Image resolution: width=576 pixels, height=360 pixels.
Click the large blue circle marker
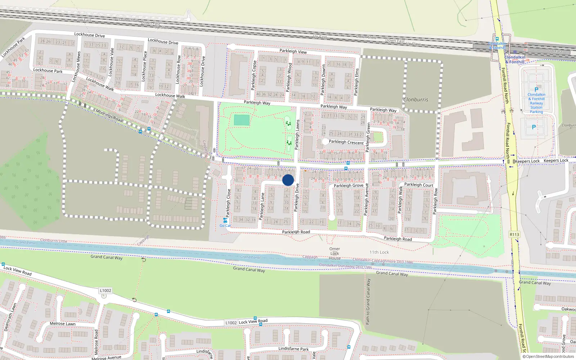coord(288,180)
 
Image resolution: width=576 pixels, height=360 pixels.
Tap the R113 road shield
coord(514,234)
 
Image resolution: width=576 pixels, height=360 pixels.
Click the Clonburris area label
coord(416,99)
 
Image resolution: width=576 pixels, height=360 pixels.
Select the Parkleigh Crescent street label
coord(346,142)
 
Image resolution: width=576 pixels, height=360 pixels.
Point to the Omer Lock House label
coord(334,253)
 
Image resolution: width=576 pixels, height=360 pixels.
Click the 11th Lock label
coord(379,252)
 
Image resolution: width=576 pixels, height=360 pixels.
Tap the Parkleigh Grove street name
coord(348,186)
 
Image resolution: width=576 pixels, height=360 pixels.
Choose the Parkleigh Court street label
coord(418,185)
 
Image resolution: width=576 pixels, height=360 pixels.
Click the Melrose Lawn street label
coord(63,324)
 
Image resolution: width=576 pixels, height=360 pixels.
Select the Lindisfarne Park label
coord(293,349)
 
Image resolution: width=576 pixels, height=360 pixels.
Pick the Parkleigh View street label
coord(293,51)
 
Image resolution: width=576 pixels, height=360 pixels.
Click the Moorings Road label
coord(109,116)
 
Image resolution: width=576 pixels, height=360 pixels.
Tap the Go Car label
coord(225,226)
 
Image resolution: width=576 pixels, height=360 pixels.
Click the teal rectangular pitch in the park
coord(242,120)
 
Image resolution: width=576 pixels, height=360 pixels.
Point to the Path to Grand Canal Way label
coord(368,302)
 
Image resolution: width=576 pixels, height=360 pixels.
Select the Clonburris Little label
coord(54,240)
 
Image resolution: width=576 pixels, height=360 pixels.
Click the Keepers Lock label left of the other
coord(528,161)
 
